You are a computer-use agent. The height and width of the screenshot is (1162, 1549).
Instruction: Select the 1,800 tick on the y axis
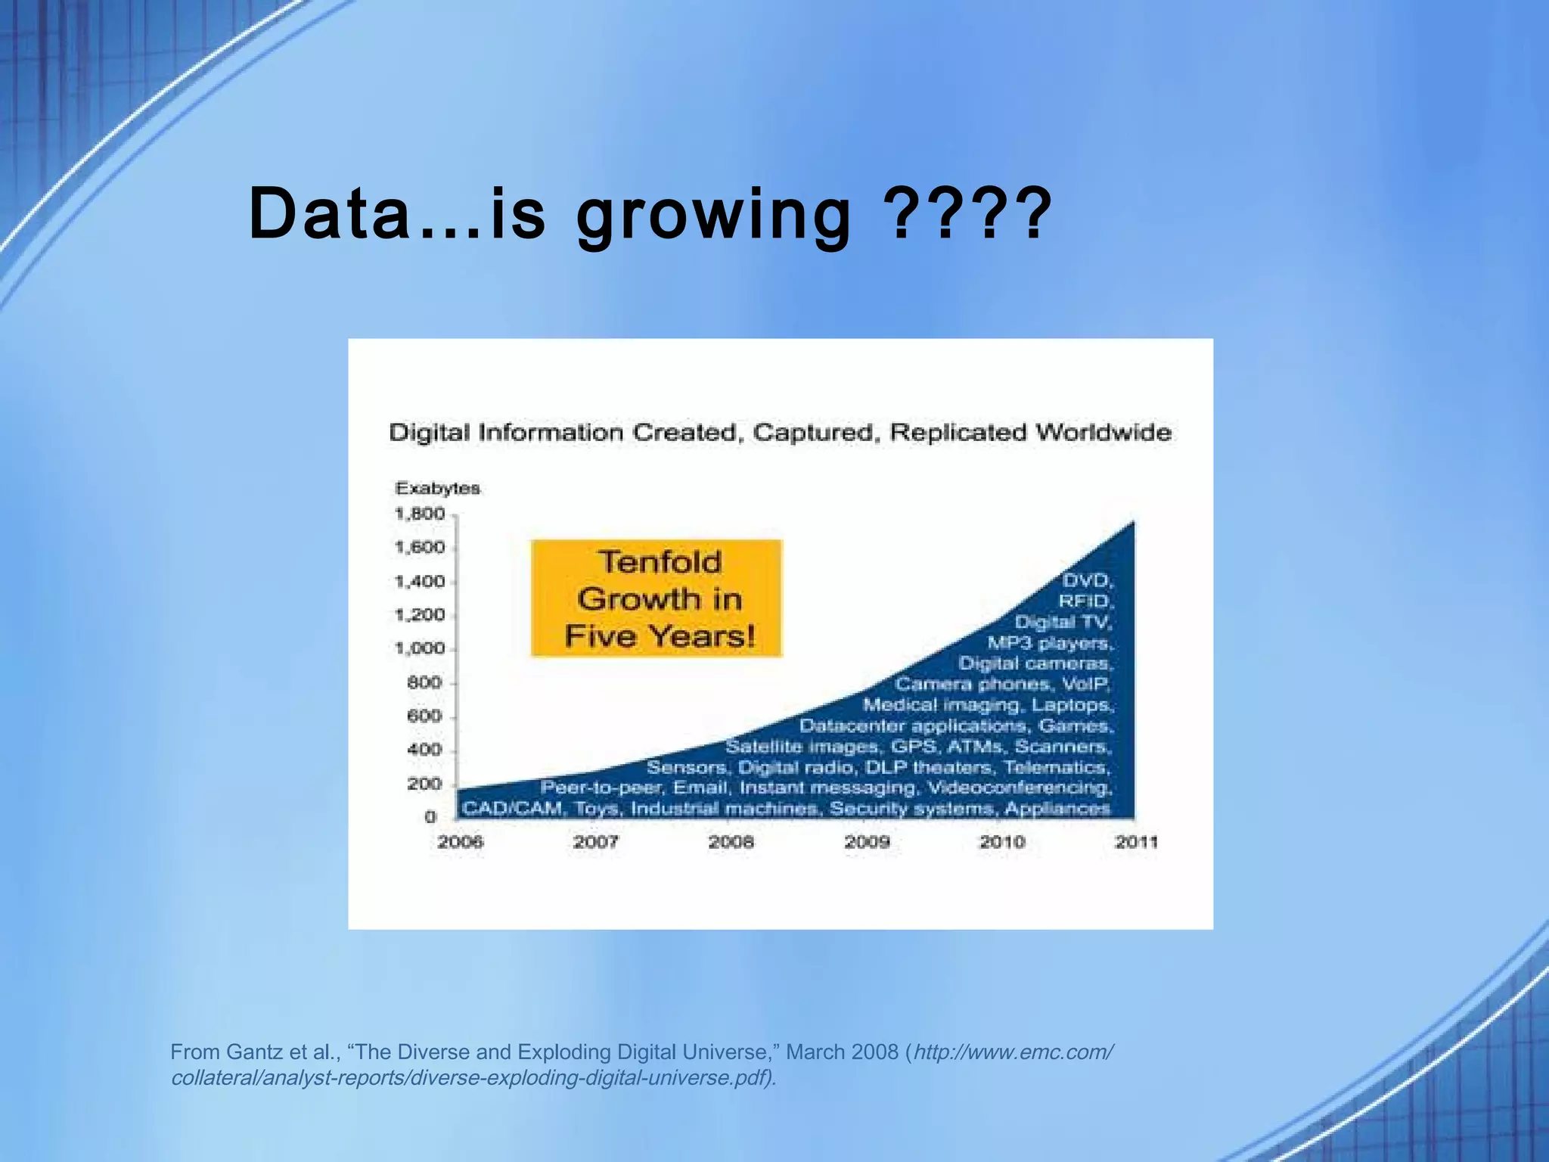[x=420, y=514]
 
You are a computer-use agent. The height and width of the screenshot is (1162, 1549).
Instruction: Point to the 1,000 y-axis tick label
[x=420, y=648]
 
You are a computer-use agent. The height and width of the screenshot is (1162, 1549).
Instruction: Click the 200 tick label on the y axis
[x=424, y=784]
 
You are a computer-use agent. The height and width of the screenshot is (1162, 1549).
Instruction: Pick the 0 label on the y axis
[x=430, y=817]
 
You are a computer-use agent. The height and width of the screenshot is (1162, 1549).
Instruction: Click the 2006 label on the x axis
[x=460, y=842]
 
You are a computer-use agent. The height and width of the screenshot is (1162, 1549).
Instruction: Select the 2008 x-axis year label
[x=731, y=842]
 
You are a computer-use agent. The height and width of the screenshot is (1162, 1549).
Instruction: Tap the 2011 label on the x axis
[x=1136, y=842]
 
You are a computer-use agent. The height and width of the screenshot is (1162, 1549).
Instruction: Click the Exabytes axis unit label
[x=437, y=488]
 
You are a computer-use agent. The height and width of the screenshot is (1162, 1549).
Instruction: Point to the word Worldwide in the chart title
[x=1104, y=433]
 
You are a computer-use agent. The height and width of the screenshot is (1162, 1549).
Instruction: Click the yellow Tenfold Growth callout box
[x=657, y=598]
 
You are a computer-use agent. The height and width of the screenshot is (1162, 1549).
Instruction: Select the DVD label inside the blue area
[x=1087, y=580]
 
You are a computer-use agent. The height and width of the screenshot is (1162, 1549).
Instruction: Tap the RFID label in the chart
[x=1085, y=601]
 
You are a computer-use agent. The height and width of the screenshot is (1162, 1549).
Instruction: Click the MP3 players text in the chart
[x=1049, y=643]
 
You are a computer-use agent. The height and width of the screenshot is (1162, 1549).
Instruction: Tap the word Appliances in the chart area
[x=1057, y=809]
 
